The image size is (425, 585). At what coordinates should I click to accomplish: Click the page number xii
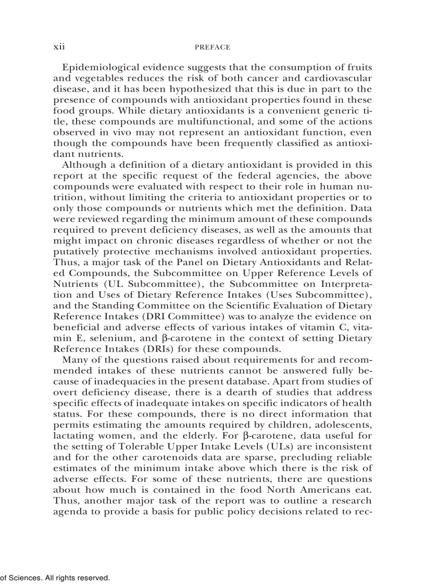(59, 47)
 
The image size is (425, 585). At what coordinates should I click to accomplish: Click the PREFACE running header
(212, 47)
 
